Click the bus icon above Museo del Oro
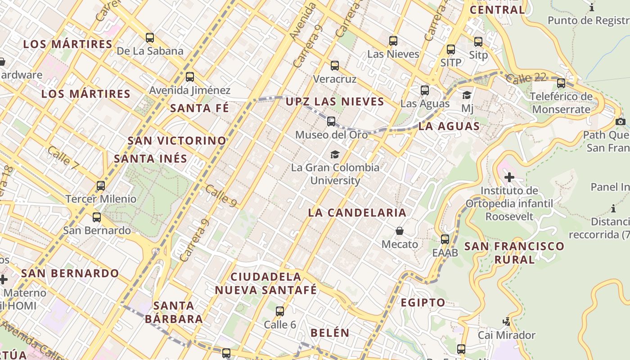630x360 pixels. [x=331, y=121]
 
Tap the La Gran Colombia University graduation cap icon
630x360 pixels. [x=335, y=155]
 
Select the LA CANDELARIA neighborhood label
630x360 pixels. [x=357, y=213]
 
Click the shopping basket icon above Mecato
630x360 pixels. [x=399, y=231]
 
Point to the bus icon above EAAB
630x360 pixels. [x=445, y=239]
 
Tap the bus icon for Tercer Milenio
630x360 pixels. [x=101, y=185]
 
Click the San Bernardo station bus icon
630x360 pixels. [x=97, y=217]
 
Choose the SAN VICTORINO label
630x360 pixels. [x=177, y=141]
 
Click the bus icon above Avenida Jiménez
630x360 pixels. [x=190, y=76]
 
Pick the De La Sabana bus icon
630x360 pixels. [x=150, y=38]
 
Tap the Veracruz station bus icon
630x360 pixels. [x=334, y=66]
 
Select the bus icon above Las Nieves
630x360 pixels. [x=393, y=41]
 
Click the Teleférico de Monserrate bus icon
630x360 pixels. [x=561, y=83]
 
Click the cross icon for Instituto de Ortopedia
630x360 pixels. [x=509, y=177]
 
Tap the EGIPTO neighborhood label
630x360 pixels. [x=423, y=302]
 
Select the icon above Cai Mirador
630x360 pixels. [x=507, y=322]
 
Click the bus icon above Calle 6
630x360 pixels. [x=280, y=311]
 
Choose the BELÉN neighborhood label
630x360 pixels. [x=330, y=333]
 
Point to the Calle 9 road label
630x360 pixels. [x=221, y=196]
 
